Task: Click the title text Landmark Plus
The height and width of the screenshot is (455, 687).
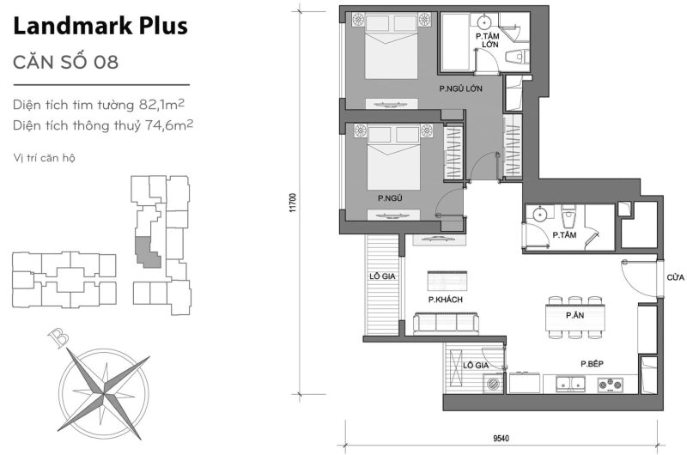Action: [x=100, y=26]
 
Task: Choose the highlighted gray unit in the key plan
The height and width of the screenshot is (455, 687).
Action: [x=146, y=252]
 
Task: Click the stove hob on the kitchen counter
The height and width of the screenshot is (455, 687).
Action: [x=611, y=384]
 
